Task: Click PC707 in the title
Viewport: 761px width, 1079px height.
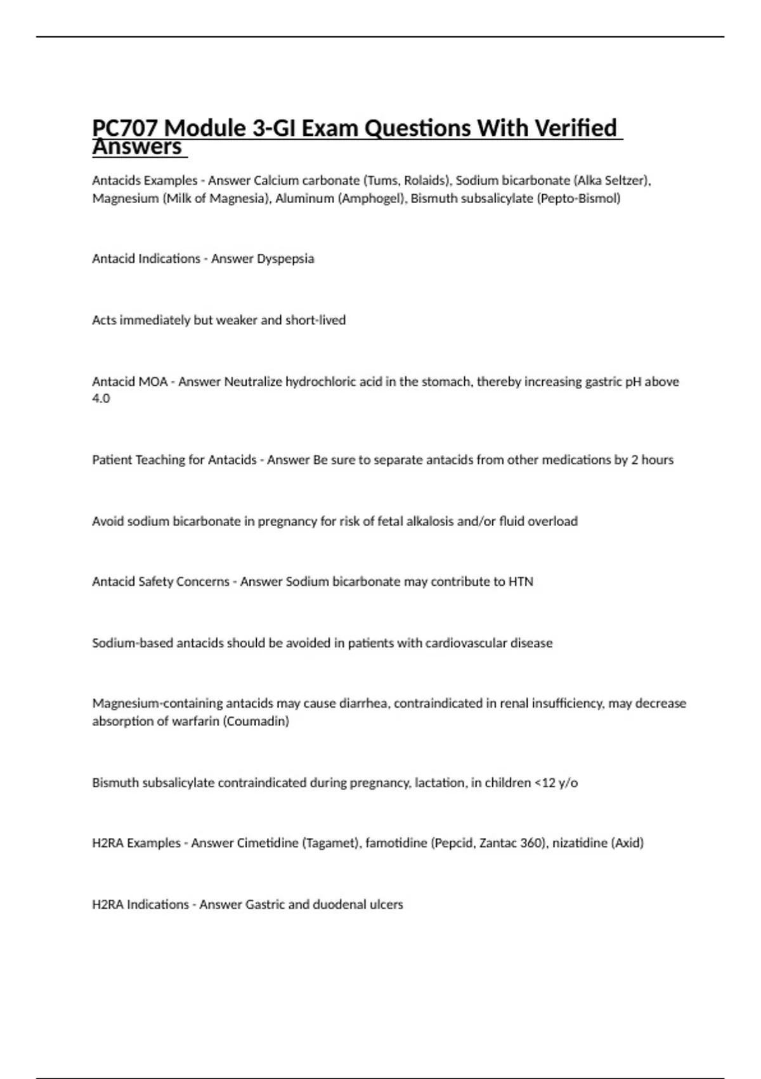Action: pos(124,129)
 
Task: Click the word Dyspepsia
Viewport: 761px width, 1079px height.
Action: pos(285,259)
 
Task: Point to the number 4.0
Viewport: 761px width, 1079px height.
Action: pos(101,399)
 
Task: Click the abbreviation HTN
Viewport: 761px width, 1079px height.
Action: pos(521,582)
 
